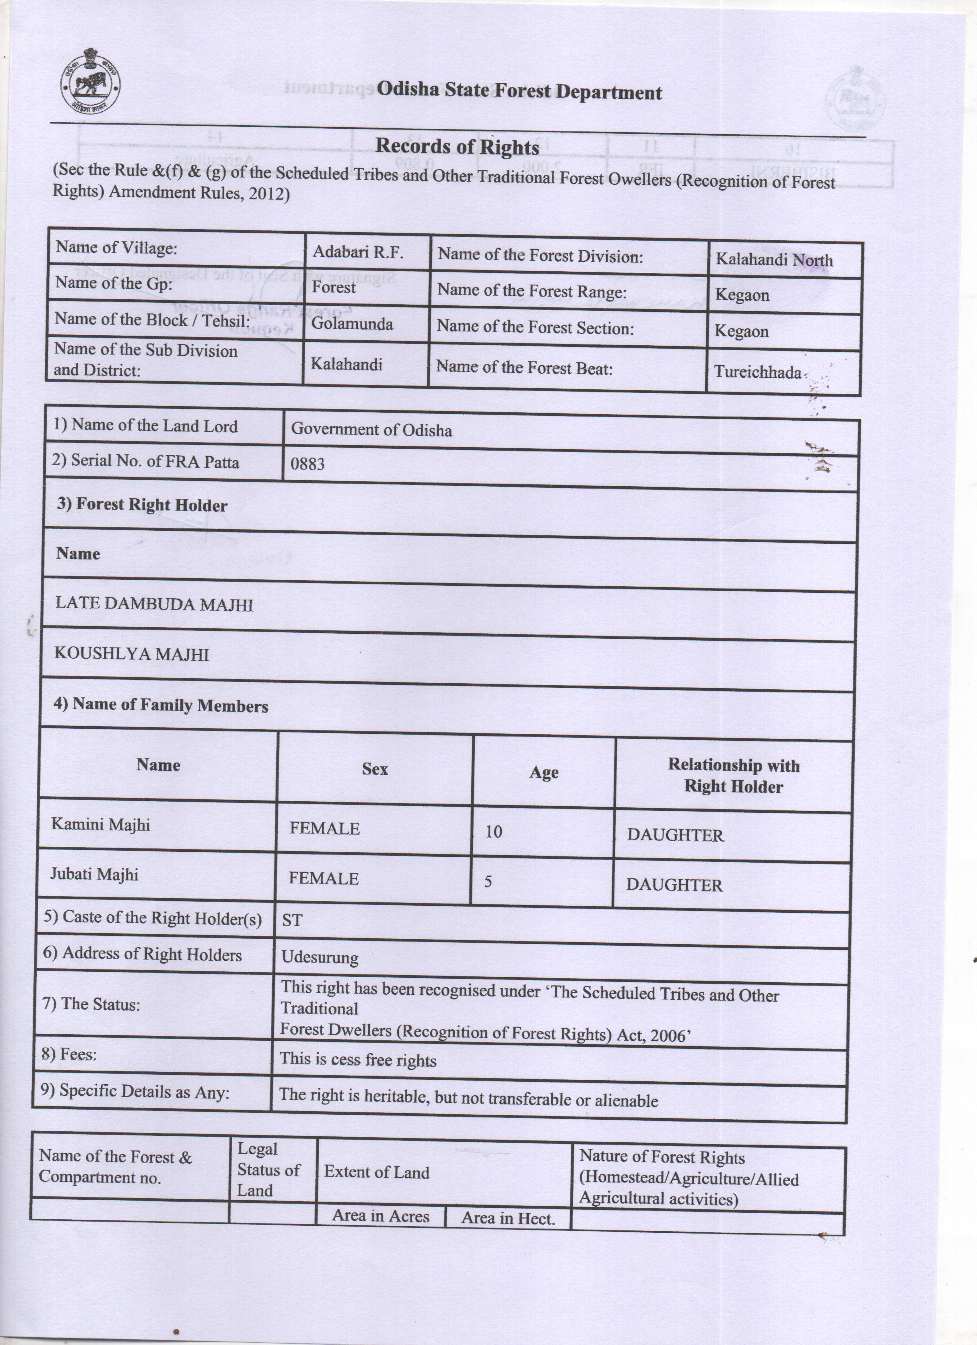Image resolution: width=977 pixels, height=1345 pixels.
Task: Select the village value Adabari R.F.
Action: [x=357, y=252]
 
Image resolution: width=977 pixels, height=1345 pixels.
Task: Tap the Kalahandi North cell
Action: [x=774, y=260]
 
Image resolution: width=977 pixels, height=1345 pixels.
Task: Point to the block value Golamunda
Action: [x=352, y=324]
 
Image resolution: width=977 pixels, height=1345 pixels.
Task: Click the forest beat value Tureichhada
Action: [x=757, y=372]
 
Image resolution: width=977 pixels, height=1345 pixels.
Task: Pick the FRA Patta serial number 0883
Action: [x=307, y=464]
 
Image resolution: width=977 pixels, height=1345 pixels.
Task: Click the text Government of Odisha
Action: [x=371, y=429]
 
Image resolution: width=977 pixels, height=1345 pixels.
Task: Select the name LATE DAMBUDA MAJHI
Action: [x=154, y=604]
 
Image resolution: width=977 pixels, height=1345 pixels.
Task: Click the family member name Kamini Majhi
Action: [x=101, y=824]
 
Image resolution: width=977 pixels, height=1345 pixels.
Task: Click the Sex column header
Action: [x=375, y=769]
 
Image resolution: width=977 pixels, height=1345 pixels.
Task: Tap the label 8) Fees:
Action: [x=69, y=1054]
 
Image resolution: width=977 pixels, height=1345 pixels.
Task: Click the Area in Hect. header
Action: [x=508, y=1218]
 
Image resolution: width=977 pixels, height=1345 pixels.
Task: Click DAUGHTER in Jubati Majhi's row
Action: [x=674, y=885]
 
